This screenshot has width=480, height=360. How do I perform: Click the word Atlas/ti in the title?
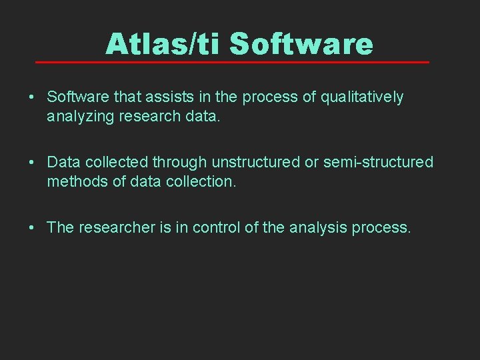coord(163,44)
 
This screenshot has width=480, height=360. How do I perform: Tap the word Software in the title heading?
coord(301,44)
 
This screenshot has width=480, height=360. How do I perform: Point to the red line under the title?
coord(232,62)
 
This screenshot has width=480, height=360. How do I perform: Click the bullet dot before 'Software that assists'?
coord(32,97)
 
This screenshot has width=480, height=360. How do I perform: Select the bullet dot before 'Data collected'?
coord(32,163)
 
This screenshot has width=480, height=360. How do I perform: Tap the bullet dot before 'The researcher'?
coord(32,228)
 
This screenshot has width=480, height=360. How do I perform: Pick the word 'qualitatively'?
coord(362,97)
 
